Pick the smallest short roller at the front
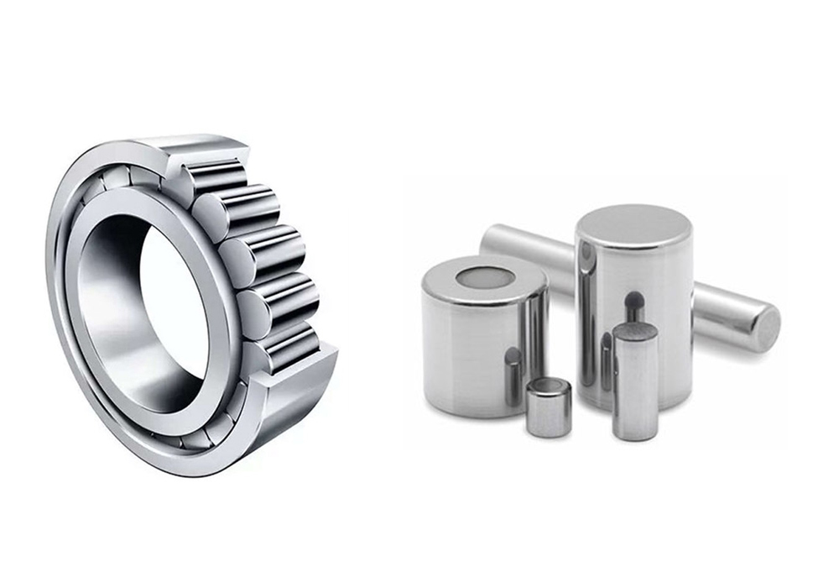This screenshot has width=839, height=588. tap(549, 407)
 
